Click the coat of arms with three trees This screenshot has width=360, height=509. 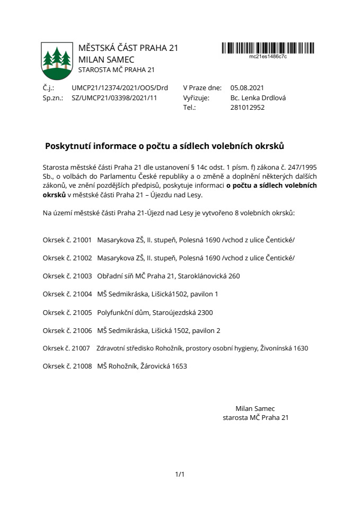point(56,60)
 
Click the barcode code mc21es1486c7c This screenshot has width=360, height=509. point(268,56)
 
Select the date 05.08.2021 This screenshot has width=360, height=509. point(247,88)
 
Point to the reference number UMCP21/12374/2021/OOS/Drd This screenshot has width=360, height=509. point(120,88)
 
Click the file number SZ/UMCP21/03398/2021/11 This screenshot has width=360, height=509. point(115,98)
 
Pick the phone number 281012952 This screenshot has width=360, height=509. point(248,107)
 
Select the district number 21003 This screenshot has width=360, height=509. point(82,276)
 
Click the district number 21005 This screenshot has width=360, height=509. point(82,312)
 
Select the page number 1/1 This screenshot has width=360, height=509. point(180,474)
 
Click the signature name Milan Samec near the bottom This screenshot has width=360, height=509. point(255,408)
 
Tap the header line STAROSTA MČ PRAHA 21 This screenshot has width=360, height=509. point(116,69)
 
